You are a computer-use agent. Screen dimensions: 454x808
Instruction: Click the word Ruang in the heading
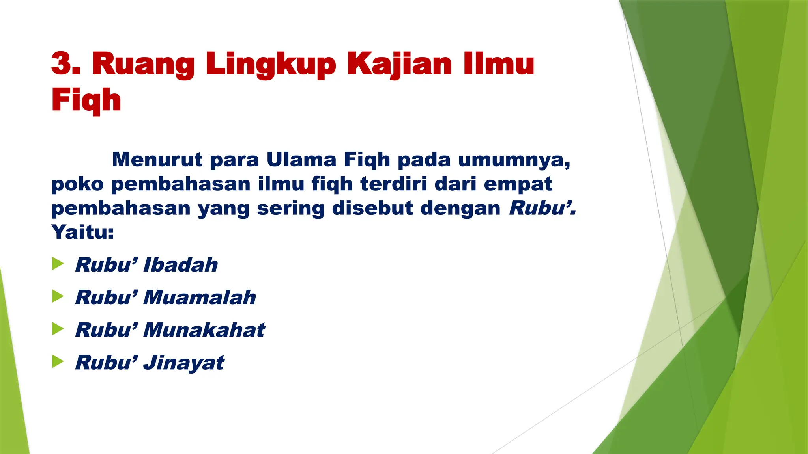pos(143,64)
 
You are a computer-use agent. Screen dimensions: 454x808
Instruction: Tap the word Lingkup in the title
pos(270,64)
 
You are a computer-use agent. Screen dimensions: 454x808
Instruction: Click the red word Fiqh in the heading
pos(86,100)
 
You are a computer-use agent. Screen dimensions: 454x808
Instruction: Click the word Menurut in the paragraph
pos(157,160)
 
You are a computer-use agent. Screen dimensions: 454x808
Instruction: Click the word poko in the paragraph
pos(77,184)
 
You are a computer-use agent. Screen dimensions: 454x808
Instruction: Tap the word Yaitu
pos(82,232)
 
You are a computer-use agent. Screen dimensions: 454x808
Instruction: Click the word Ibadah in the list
pos(180,264)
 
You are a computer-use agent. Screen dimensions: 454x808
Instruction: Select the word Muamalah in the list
pos(199,297)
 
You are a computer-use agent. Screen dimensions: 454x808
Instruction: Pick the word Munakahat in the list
pos(204,330)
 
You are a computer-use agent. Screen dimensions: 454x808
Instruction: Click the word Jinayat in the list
pos(183,363)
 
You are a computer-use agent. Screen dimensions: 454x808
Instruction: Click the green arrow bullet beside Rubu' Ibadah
pos(58,264)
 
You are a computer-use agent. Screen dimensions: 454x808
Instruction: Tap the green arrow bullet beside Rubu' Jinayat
pos(58,361)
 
